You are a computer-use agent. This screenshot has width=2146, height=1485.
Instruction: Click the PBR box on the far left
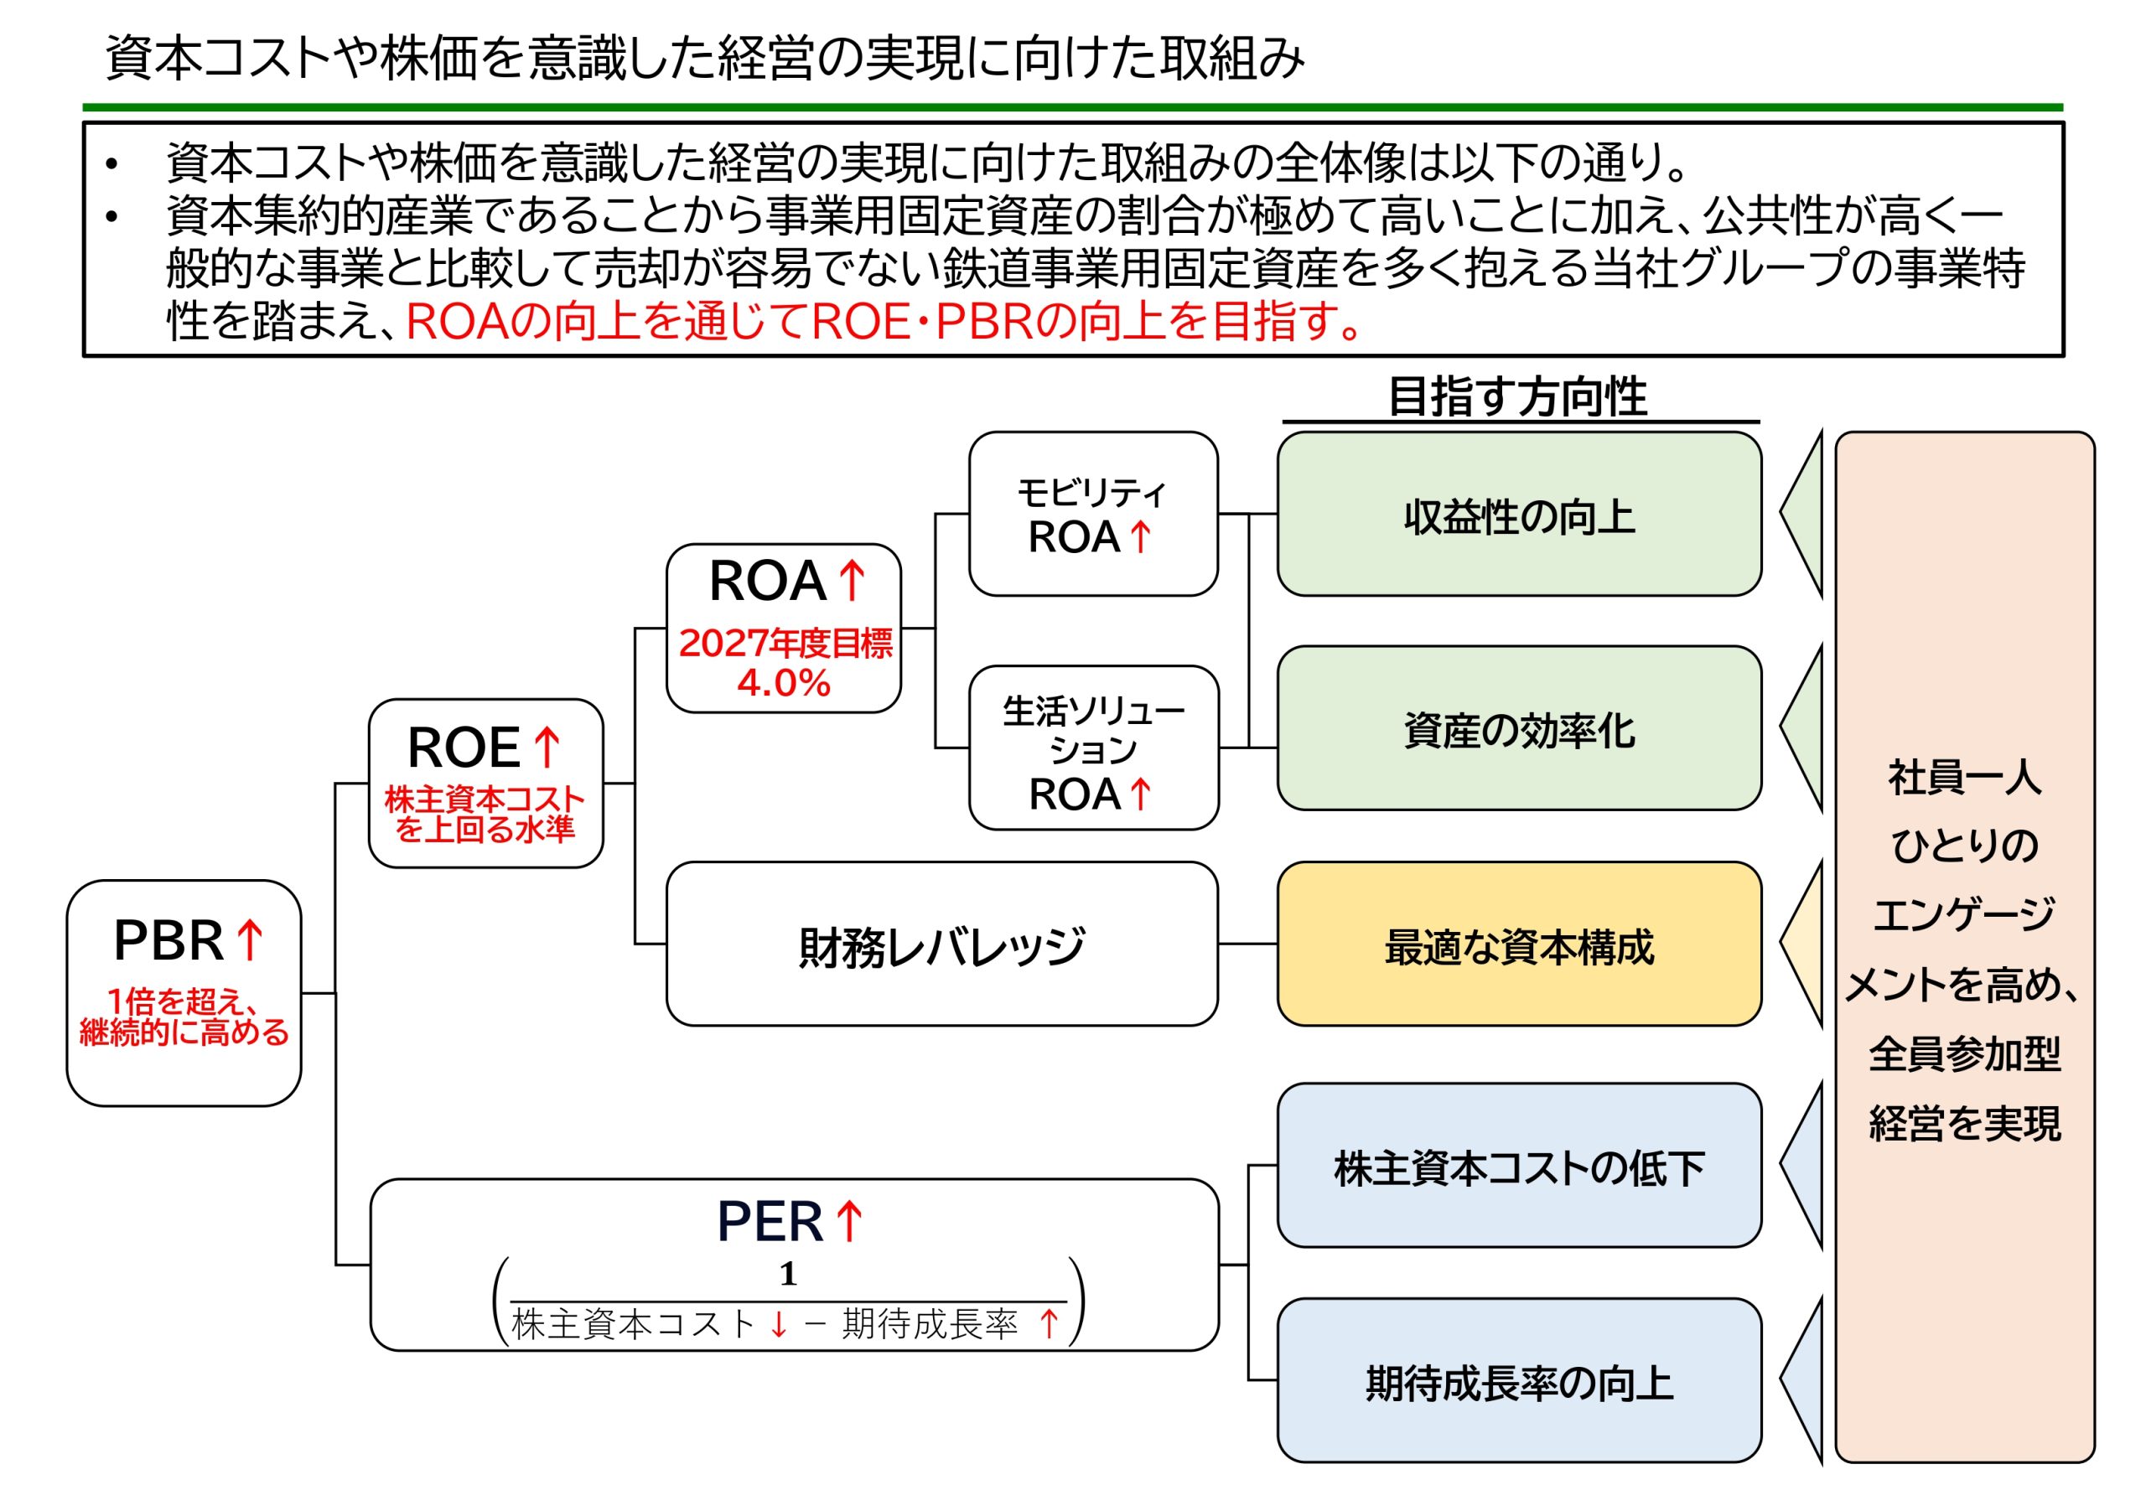(184, 992)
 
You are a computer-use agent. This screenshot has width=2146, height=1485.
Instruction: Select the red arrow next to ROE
(547, 748)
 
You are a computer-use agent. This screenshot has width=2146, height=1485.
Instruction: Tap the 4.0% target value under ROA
(783, 684)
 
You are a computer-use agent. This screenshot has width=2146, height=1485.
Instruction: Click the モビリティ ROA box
(1092, 514)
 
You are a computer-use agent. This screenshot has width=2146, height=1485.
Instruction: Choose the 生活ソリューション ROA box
(1092, 748)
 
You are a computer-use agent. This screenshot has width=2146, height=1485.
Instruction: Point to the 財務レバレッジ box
(941, 944)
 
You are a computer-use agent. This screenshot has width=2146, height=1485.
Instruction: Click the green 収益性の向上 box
(1518, 515)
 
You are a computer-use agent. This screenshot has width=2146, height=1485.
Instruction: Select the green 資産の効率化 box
(1518, 728)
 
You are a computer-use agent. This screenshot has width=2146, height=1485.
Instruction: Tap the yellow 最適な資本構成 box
(1518, 944)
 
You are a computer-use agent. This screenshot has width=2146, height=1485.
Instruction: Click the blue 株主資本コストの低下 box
(1518, 1165)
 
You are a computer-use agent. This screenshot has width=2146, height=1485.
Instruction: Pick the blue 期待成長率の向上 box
(1518, 1381)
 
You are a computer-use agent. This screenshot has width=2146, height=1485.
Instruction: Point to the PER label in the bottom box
(769, 1222)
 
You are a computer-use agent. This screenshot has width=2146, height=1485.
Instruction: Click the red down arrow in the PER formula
(779, 1324)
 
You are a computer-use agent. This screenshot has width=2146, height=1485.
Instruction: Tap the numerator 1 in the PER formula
(788, 1274)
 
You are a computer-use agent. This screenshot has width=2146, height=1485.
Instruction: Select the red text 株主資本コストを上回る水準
(485, 814)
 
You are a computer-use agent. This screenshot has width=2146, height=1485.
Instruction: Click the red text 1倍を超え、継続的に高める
(184, 1017)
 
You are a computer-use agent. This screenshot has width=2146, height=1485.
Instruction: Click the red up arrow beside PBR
(250, 939)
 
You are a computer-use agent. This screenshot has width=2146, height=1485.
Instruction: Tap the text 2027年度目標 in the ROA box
(785, 643)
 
